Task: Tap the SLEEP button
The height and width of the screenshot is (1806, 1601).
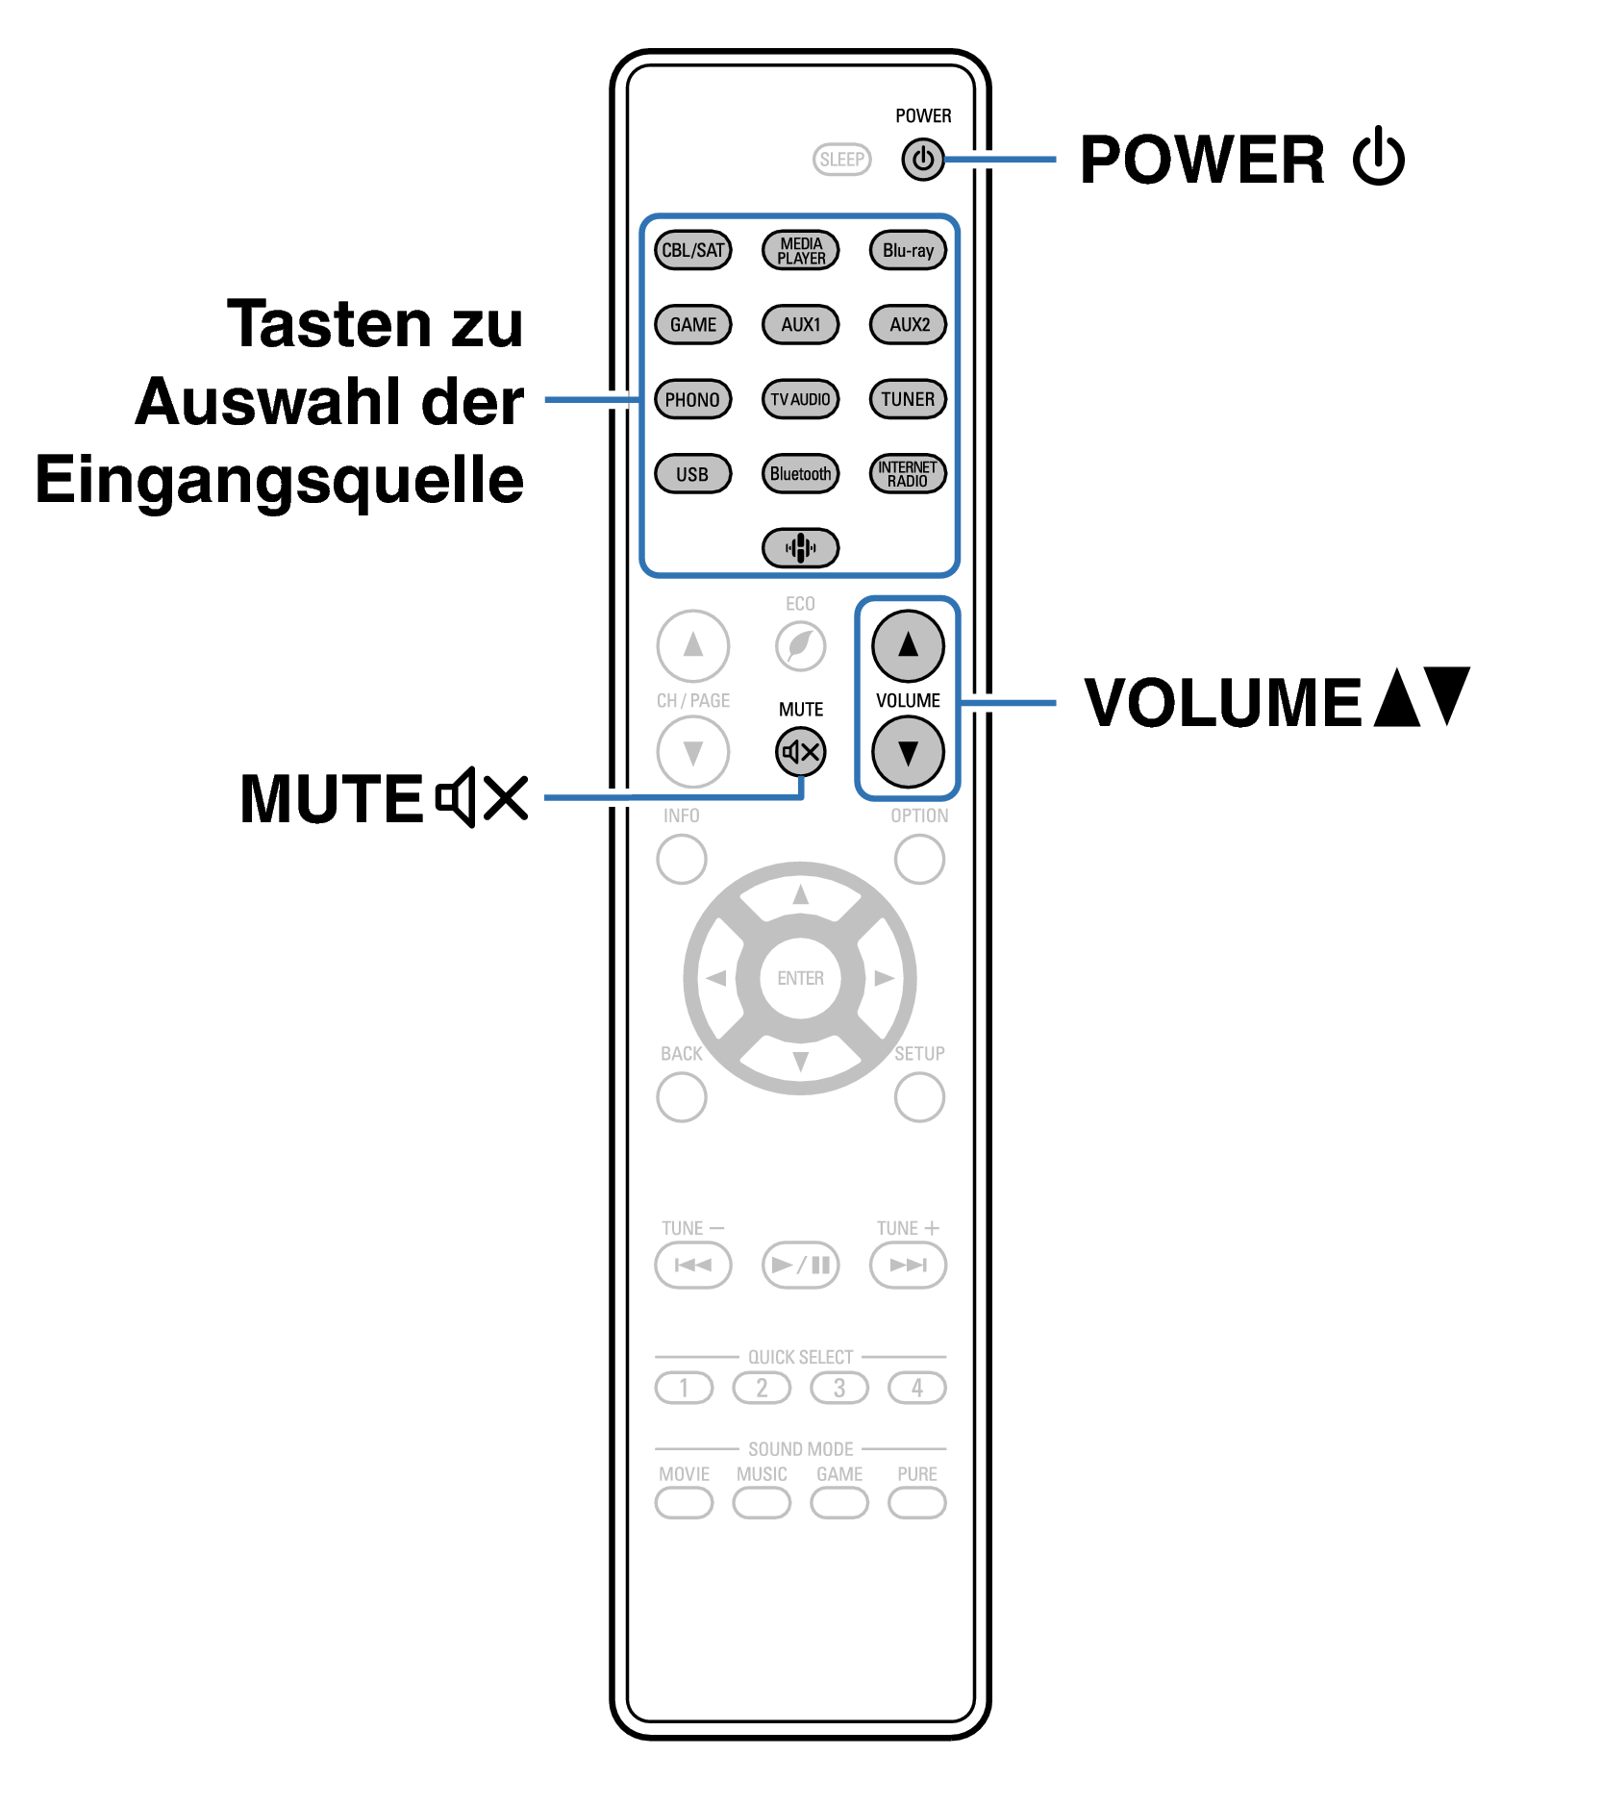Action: (841, 160)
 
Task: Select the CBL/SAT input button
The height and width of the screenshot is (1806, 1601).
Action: (692, 250)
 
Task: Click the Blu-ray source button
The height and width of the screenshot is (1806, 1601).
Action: (908, 250)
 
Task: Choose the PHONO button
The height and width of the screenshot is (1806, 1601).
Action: (692, 399)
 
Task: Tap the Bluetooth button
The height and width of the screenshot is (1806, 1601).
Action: (800, 473)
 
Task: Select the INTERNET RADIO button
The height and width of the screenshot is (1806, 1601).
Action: (908, 473)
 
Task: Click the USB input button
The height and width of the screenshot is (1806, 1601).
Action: (692, 473)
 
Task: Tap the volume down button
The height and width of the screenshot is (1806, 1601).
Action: (908, 752)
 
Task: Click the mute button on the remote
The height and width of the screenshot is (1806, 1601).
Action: (800, 752)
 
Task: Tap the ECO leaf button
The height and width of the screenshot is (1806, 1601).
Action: (800, 645)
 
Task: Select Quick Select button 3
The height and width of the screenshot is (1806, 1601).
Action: (839, 1388)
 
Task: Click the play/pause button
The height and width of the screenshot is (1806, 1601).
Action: (800, 1265)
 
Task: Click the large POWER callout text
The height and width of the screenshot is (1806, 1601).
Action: (1202, 160)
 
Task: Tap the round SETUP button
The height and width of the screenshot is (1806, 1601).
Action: (919, 1097)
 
